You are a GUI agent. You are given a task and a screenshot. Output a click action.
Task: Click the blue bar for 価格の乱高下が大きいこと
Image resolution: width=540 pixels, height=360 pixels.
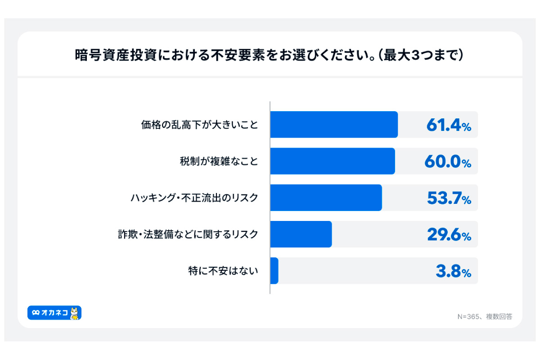pyautogui.click(x=333, y=125)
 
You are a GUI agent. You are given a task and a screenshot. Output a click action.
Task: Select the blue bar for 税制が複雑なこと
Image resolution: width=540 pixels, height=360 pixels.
pyautogui.click(x=332, y=161)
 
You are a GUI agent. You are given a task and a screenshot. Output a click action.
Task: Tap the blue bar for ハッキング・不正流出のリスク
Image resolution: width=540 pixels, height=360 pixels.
pyautogui.click(x=326, y=198)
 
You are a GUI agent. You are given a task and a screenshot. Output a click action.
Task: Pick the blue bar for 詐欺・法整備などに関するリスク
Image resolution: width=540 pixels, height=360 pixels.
pyautogui.click(x=301, y=234)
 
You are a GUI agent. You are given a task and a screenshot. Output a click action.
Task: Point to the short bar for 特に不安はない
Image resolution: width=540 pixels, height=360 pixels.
pyautogui.click(x=274, y=270)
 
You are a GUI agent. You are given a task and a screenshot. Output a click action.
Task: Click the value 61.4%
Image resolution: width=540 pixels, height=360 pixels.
pyautogui.click(x=448, y=126)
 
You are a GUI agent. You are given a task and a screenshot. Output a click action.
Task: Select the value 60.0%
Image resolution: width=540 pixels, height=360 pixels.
pyautogui.click(x=447, y=162)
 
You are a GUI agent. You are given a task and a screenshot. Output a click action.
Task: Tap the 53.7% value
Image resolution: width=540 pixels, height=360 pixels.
pyautogui.click(x=448, y=198)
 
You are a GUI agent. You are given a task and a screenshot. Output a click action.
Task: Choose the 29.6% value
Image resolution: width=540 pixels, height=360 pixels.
pyautogui.click(x=448, y=235)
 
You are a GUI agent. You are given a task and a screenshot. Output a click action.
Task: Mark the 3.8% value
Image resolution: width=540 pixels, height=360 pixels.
pyautogui.click(x=453, y=271)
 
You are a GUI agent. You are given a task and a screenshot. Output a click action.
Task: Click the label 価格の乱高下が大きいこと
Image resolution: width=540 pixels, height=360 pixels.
pyautogui.click(x=200, y=125)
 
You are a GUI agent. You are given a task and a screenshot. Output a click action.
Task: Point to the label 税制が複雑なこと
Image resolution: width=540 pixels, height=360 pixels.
pyautogui.click(x=219, y=162)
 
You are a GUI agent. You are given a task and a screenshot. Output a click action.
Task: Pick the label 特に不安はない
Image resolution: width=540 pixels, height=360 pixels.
pyautogui.click(x=223, y=271)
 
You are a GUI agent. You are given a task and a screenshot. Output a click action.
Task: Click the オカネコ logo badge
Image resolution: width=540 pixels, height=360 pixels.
pyautogui.click(x=54, y=313)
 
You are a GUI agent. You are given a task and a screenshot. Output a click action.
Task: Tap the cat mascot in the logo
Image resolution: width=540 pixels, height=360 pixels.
pyautogui.click(x=75, y=313)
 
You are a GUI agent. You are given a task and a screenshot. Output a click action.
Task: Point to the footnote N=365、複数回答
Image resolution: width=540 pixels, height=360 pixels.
pyautogui.click(x=485, y=316)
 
